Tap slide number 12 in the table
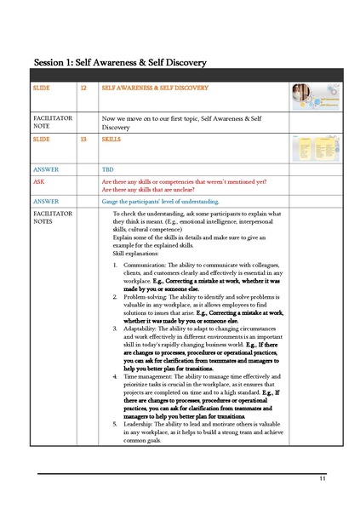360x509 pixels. tap(83, 88)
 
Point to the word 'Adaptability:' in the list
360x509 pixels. tap(139, 328)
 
